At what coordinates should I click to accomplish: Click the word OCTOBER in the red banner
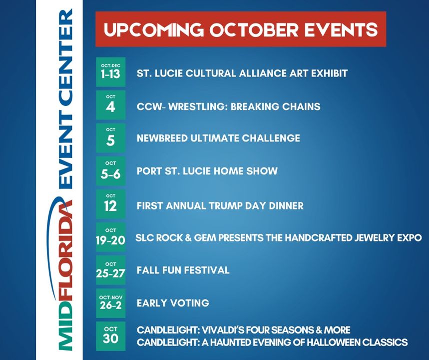pos(254,29)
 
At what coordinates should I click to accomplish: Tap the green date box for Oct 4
pos(110,105)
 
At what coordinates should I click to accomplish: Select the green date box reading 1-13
pos(110,72)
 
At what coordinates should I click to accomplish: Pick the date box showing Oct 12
pos(110,204)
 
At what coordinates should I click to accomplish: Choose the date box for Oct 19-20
pos(110,237)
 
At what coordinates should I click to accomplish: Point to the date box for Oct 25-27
pos(110,270)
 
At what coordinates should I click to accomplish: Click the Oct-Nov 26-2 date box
pos(110,303)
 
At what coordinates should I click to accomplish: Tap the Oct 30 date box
pos(110,336)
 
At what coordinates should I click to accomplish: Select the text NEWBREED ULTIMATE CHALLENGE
pos(218,138)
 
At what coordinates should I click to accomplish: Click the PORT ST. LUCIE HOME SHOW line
pos(207,171)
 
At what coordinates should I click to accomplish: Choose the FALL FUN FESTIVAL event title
pos(183,270)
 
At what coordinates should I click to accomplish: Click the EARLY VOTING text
pos(173,303)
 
